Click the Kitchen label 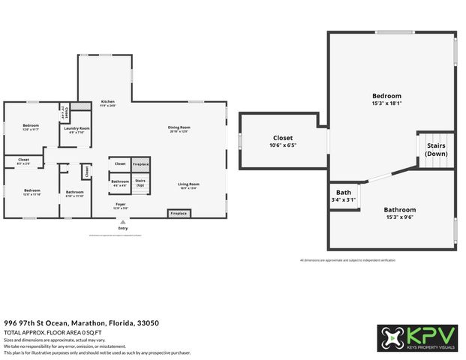(108, 103)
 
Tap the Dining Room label (179, 127)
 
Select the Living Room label (188, 184)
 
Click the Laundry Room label (77, 128)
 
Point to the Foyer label (120, 203)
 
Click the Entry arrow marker (122, 221)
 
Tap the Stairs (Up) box (140, 182)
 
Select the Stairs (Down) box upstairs (436, 149)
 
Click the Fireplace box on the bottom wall (179, 213)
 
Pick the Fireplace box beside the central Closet (140, 163)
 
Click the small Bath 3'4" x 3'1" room (344, 196)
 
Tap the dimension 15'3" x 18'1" (387, 103)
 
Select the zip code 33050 (147, 323)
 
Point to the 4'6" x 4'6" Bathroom (119, 182)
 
